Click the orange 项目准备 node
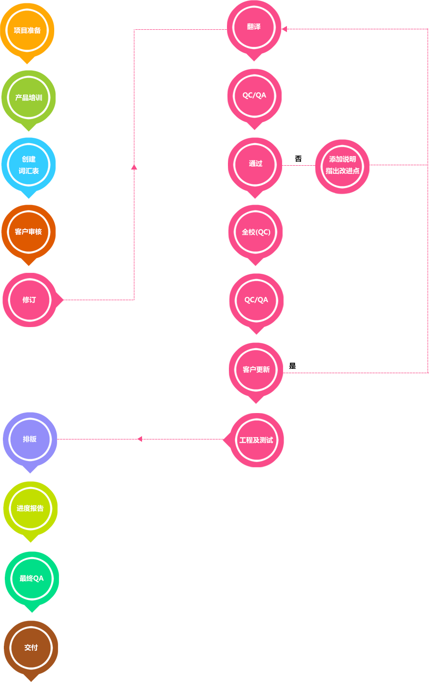point(27,30)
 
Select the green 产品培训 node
point(29,97)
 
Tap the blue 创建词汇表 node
point(29,165)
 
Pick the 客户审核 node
point(29,232)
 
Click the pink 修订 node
point(29,300)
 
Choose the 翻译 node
point(254,27)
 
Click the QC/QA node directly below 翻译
point(254,95)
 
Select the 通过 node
point(255,164)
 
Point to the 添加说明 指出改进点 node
point(342,165)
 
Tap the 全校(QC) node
point(256,232)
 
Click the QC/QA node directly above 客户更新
point(256,300)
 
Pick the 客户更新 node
point(256,369)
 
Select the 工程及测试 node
point(256,440)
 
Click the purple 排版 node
point(30,439)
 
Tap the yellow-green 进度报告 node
point(30,508)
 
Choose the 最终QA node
point(32,578)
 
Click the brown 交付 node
point(31,647)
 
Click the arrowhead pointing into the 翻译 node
point(284,29)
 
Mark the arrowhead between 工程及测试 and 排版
point(139,439)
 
